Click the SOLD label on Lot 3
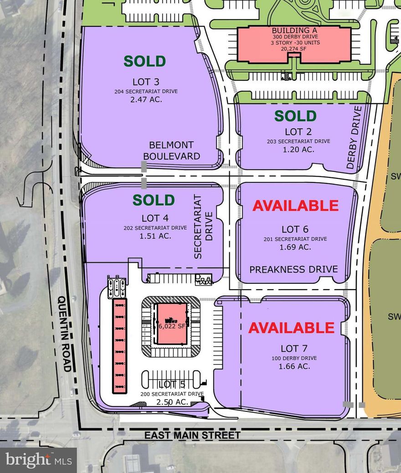(x=145, y=61)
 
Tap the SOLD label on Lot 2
(x=295, y=116)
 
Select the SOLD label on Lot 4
(x=154, y=200)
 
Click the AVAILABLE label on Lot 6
(x=295, y=206)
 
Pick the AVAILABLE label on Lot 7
(x=291, y=327)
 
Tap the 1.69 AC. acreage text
(x=295, y=247)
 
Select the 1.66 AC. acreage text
(x=294, y=366)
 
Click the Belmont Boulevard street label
(x=171, y=151)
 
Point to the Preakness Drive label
(x=293, y=269)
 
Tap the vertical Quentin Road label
(x=65, y=333)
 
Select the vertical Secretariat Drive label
(x=203, y=227)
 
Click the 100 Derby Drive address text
(x=294, y=358)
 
